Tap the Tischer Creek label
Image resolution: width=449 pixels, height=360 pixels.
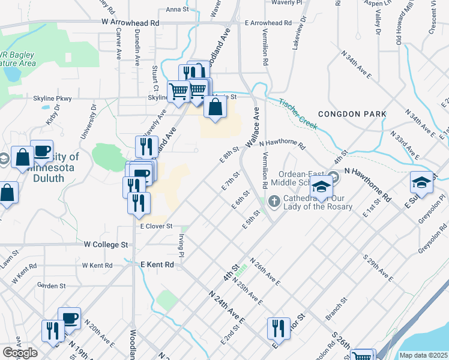tap(297, 113)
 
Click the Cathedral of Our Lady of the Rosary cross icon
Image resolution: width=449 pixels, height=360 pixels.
tap(275, 200)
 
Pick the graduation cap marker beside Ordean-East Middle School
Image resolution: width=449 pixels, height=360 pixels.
tap(322, 188)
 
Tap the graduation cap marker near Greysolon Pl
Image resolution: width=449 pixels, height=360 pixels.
tap(421, 182)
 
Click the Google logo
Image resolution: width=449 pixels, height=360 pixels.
tap(19, 353)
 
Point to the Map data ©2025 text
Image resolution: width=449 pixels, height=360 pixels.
tap(423, 355)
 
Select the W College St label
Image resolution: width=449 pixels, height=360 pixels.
tap(106, 245)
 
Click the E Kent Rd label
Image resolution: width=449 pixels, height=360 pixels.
tap(157, 264)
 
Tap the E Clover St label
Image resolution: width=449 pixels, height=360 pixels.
tap(156, 226)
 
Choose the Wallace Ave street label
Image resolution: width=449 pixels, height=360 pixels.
tap(252, 128)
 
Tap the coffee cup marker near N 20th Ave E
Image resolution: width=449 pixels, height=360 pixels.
tap(70, 318)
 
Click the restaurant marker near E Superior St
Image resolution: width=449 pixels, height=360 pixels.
tap(279, 328)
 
